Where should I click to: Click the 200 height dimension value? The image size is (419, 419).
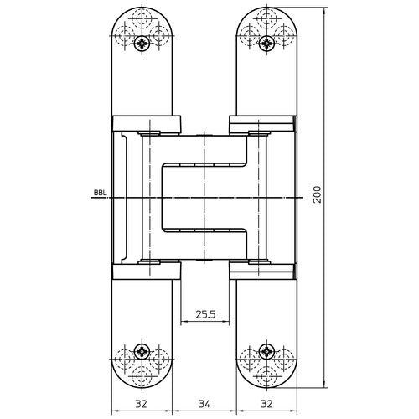(317, 194)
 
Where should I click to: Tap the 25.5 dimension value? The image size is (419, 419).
(205, 314)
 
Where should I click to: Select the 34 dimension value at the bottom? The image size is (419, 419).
(204, 404)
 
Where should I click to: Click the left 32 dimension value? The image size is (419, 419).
(142, 404)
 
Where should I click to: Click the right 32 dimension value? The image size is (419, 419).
(266, 404)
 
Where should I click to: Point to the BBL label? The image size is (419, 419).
(100, 193)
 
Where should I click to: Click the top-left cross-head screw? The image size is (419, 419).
(142, 44)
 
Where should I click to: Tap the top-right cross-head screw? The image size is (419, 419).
(266, 44)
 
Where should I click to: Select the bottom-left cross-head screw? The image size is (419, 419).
(142, 351)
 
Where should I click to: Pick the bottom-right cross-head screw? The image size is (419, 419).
(266, 351)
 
